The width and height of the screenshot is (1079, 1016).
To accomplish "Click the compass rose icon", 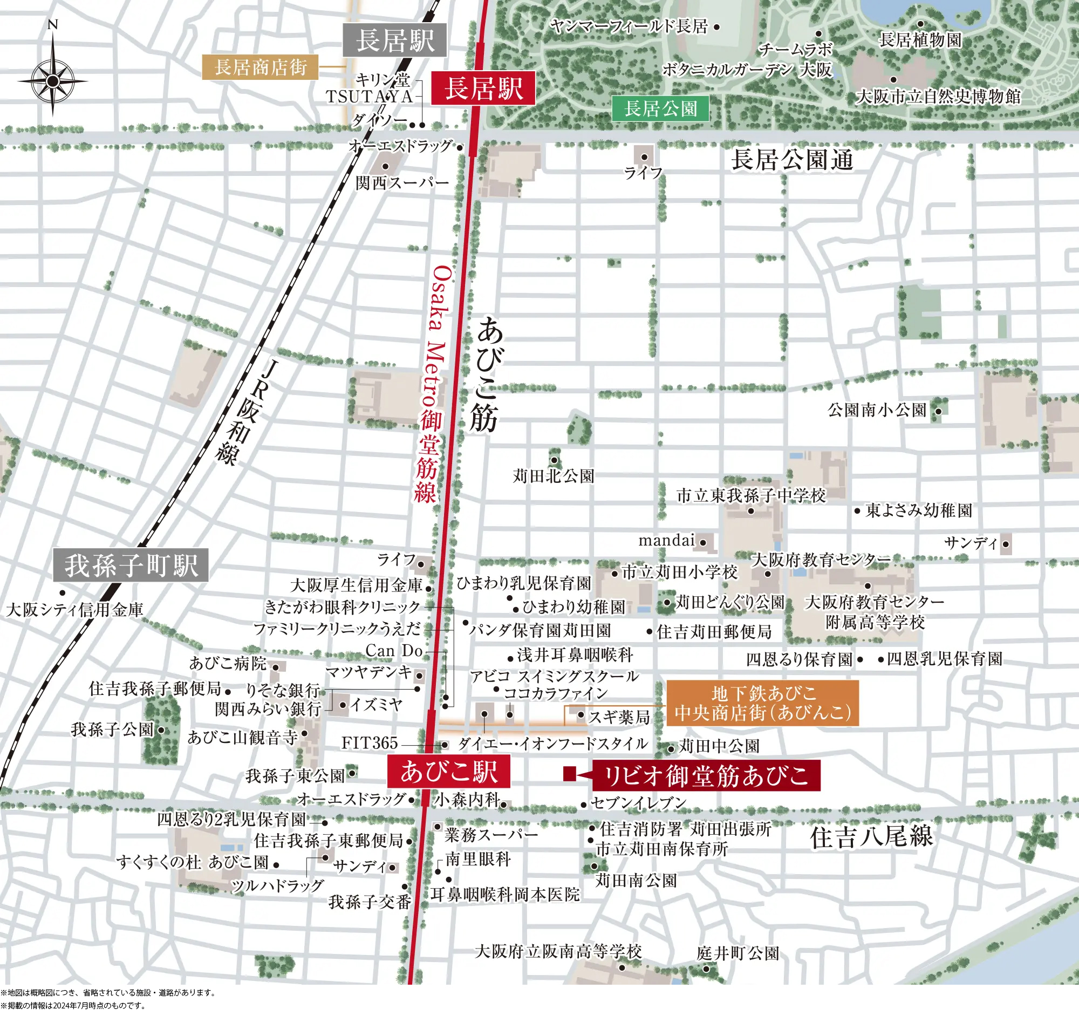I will coord(53,81).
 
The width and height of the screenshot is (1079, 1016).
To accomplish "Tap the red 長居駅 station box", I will coord(483,88).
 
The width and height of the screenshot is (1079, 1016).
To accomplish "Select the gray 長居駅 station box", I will coord(394,40).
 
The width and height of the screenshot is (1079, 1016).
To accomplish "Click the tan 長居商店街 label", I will coord(260,67).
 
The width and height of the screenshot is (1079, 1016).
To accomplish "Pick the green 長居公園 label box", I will coord(660,108).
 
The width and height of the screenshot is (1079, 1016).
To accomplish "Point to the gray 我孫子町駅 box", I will coord(131,565).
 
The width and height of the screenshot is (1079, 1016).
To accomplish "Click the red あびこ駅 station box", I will coord(448,770).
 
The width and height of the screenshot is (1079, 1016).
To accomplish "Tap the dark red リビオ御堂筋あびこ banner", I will coord(706,775).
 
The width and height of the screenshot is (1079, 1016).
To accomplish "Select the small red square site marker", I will coord(569,774).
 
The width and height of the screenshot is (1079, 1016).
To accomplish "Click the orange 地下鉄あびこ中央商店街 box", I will coord(762,703).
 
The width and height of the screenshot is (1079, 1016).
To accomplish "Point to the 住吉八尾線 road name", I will coord(871,836).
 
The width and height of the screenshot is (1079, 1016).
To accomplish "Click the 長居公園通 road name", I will coord(792,160).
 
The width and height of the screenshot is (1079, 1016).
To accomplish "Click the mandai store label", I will coord(666,541).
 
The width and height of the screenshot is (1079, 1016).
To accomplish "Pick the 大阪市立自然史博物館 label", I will coord(938,97).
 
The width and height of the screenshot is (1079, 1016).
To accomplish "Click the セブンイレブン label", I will coord(638,802).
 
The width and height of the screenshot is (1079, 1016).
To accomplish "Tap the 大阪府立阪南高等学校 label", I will coord(558,951).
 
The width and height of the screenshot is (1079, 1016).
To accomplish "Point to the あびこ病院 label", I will coord(228,663).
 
